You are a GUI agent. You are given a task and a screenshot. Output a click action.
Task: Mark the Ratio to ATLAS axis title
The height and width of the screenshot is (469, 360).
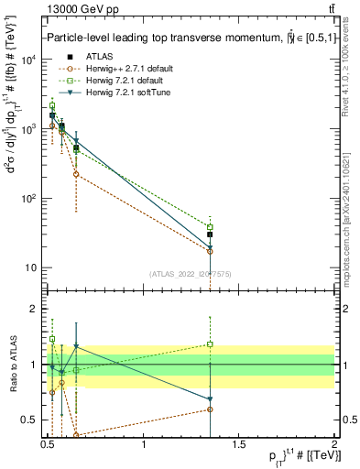click(12, 365)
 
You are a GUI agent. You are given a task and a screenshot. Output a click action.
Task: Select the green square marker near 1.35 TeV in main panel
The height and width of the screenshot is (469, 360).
click(210, 227)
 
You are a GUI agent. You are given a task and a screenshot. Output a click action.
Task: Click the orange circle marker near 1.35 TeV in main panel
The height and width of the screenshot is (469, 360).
click(210, 251)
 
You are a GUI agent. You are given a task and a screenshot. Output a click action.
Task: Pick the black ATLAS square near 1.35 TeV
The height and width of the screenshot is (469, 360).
click(210, 235)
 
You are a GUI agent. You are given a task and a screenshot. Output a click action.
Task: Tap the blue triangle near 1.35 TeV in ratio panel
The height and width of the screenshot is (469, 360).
click(210, 399)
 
